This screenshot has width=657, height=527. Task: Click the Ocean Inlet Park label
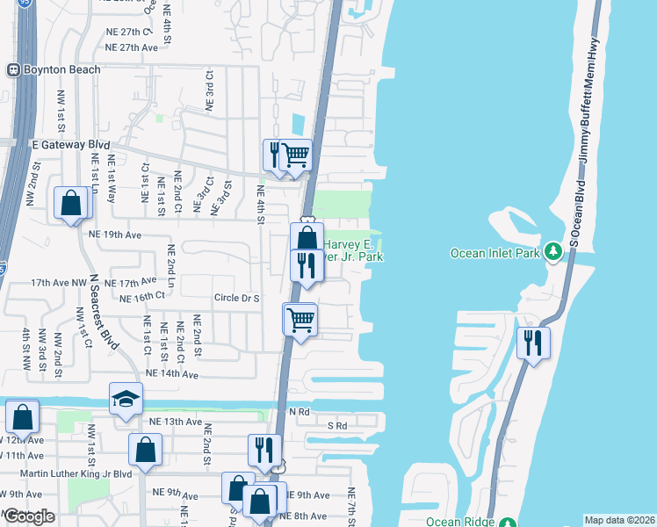(492, 253)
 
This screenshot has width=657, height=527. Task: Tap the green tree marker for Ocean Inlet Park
(552, 253)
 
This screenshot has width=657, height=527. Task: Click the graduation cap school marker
(125, 399)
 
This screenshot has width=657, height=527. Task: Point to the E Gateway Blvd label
(70, 144)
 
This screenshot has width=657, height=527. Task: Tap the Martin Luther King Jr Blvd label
(69, 474)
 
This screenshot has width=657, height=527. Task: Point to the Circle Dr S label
(237, 299)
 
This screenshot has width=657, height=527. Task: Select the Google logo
(29, 516)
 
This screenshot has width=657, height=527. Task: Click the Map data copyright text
(618, 520)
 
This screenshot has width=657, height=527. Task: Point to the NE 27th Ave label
(127, 47)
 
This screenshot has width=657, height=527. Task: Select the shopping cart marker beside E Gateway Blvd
(296, 155)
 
